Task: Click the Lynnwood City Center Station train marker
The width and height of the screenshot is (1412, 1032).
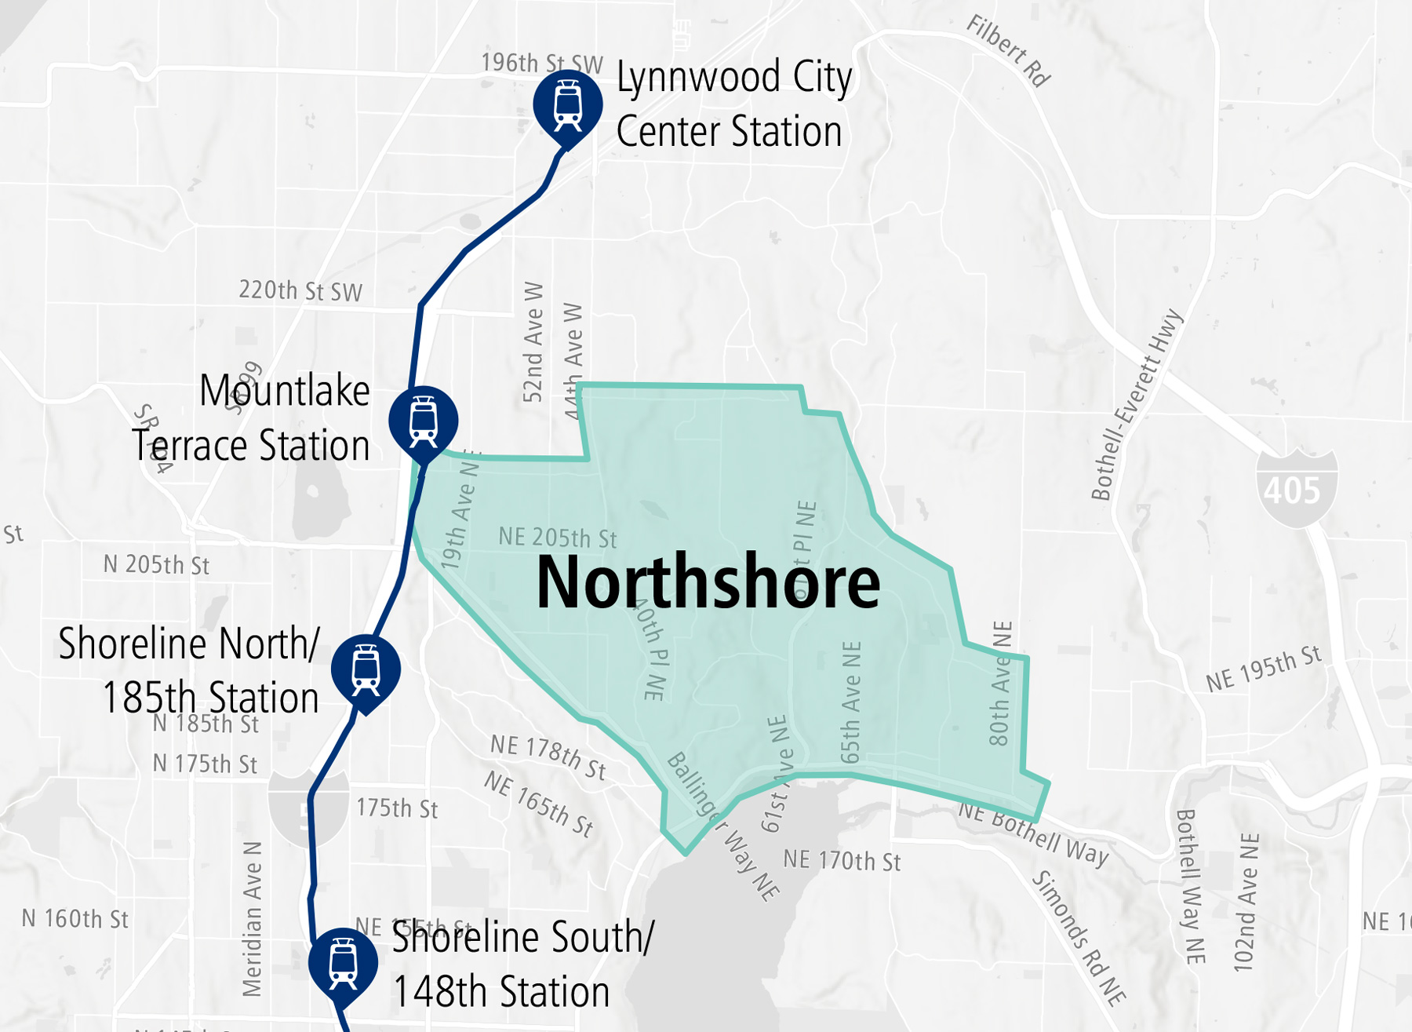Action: (x=567, y=105)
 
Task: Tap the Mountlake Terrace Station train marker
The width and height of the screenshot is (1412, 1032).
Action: (x=423, y=421)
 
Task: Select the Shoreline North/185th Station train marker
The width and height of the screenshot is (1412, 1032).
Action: (x=366, y=669)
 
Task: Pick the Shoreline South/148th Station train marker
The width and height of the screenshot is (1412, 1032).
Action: (x=343, y=962)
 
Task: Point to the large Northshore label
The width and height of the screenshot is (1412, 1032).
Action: (x=708, y=582)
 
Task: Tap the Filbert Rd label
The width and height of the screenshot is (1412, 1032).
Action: (x=1007, y=51)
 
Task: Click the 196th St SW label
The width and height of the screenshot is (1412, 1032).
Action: (x=541, y=64)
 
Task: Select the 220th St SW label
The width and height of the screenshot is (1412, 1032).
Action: (x=300, y=291)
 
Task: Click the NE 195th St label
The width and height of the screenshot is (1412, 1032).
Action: (x=1264, y=669)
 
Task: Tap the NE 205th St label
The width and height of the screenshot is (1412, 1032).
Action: (x=558, y=538)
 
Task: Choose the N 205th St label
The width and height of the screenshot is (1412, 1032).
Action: (x=156, y=565)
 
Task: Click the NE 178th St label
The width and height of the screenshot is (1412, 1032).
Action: (x=548, y=757)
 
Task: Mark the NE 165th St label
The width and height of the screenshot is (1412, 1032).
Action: (x=538, y=804)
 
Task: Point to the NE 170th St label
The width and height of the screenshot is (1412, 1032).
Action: (x=842, y=861)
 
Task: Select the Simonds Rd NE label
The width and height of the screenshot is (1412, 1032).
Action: (x=1078, y=937)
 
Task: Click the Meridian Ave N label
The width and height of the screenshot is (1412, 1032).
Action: (x=252, y=919)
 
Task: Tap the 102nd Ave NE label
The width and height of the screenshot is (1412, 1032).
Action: (x=1246, y=903)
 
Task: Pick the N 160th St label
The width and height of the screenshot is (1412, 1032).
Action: (x=75, y=919)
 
